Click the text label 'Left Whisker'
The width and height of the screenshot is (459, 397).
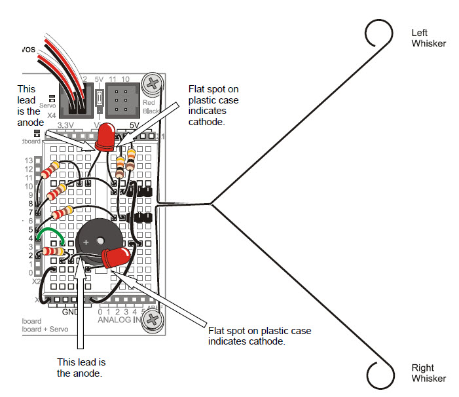[428, 38]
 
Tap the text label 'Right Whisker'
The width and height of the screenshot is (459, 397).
[428, 373]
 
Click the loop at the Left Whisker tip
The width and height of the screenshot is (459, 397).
[378, 33]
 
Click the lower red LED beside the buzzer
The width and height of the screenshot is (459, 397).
[117, 258]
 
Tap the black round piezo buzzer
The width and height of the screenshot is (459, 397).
[93, 243]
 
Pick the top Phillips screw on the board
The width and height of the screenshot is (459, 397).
[153, 84]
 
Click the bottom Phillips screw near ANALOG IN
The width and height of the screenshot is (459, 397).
[153, 319]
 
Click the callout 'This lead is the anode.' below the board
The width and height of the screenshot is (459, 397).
[81, 368]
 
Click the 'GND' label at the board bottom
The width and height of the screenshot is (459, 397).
[70, 312]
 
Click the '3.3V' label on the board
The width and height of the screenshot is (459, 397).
[67, 124]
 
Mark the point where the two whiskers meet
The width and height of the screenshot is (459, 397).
[211, 204]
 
